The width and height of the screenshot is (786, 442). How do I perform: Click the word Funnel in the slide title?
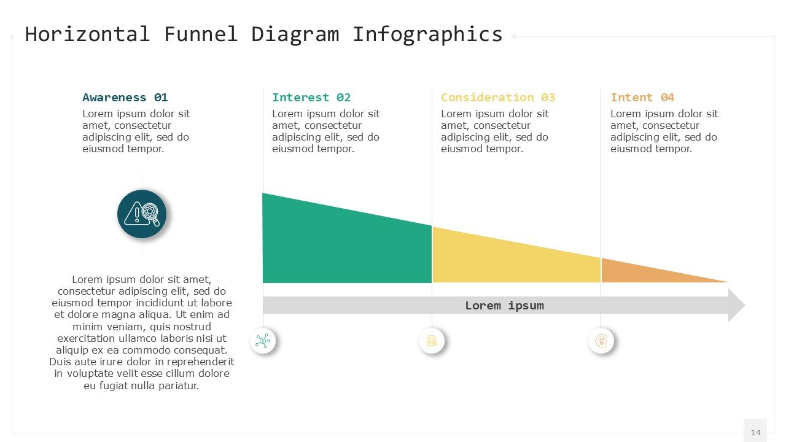200,34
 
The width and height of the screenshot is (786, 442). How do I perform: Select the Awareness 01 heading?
125,98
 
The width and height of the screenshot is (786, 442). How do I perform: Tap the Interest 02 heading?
311,98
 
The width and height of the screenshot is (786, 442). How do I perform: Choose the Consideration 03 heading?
498,98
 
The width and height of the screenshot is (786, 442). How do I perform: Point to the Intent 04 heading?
642,98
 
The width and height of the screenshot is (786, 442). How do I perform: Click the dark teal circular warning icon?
142,214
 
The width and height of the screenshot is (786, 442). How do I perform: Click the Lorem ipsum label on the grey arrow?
504,306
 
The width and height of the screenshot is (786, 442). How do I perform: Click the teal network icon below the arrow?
263,341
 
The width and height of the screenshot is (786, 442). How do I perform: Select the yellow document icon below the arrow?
432,341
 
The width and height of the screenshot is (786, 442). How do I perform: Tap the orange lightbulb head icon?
601,341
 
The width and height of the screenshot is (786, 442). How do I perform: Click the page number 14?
755,432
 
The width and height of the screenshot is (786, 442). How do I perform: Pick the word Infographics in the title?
427,34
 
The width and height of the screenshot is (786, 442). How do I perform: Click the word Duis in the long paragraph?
60,362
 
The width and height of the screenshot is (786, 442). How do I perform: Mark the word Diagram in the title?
295,34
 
